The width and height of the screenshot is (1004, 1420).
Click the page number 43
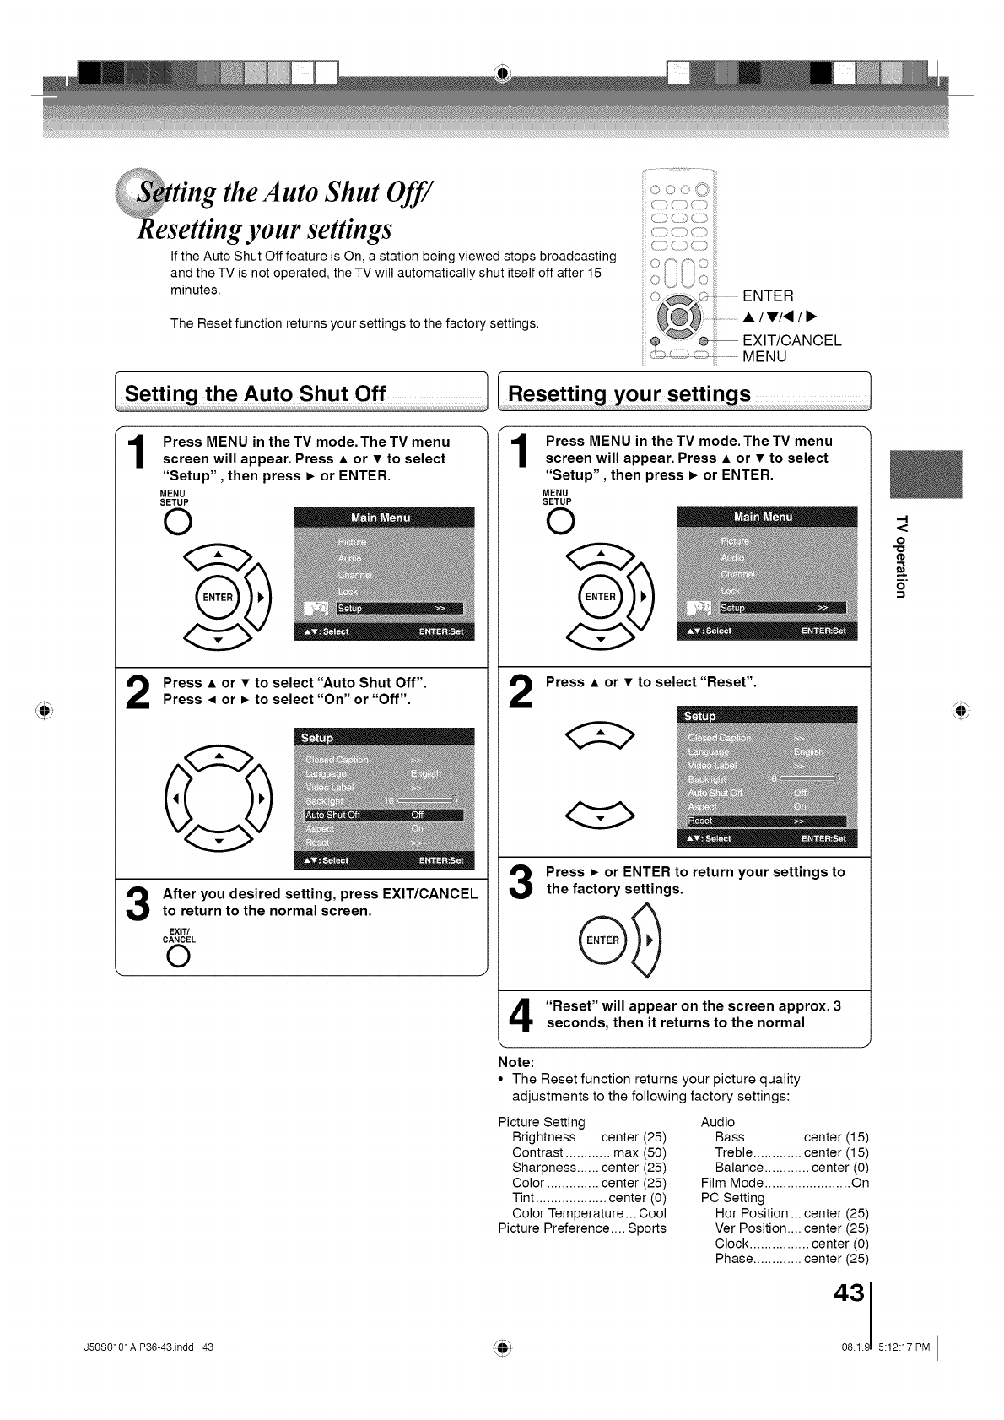849,1293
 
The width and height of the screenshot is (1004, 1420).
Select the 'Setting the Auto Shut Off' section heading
255,394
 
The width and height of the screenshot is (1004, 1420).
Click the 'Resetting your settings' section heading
629,394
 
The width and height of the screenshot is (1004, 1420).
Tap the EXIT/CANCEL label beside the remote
791,340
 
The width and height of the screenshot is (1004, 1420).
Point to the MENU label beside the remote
764,356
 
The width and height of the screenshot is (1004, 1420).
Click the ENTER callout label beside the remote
768,295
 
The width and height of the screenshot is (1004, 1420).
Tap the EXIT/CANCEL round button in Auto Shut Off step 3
177,957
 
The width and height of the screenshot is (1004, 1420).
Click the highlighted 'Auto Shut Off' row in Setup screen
384,815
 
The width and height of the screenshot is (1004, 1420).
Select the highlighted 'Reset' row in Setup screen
766,821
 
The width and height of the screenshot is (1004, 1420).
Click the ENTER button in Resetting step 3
602,940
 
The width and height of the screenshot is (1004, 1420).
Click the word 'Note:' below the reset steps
517,1062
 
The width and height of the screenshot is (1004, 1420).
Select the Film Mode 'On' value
860,1183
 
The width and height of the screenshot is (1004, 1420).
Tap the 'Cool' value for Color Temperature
652,1213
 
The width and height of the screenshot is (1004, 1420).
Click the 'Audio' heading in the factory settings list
718,1122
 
